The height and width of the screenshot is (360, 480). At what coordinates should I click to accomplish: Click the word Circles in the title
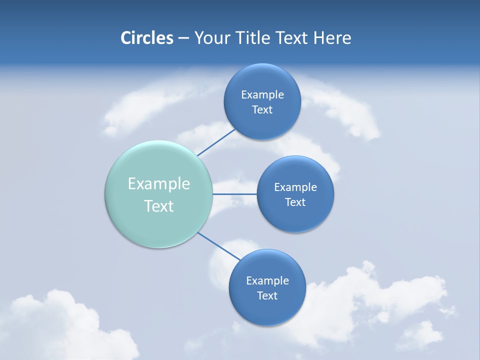(146, 38)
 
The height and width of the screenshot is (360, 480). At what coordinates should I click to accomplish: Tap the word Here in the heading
(332, 38)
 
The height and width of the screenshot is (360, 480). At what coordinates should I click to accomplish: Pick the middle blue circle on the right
(295, 217)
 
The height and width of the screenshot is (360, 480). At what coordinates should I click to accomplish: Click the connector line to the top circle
(216, 142)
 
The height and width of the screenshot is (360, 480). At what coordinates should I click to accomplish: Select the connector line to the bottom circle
(218, 245)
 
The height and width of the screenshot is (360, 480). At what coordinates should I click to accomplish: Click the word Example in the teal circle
(158, 184)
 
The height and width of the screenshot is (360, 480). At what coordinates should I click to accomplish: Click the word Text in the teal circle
(158, 206)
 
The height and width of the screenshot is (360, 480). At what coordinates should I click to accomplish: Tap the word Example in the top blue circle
(262, 95)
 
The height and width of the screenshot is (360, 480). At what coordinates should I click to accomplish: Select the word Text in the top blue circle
(262, 110)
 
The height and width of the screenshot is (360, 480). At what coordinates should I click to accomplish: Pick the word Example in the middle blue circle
(295, 187)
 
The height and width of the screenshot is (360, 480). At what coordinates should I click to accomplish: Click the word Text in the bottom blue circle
(267, 296)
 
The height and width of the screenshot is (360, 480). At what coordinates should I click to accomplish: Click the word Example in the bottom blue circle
(267, 281)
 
